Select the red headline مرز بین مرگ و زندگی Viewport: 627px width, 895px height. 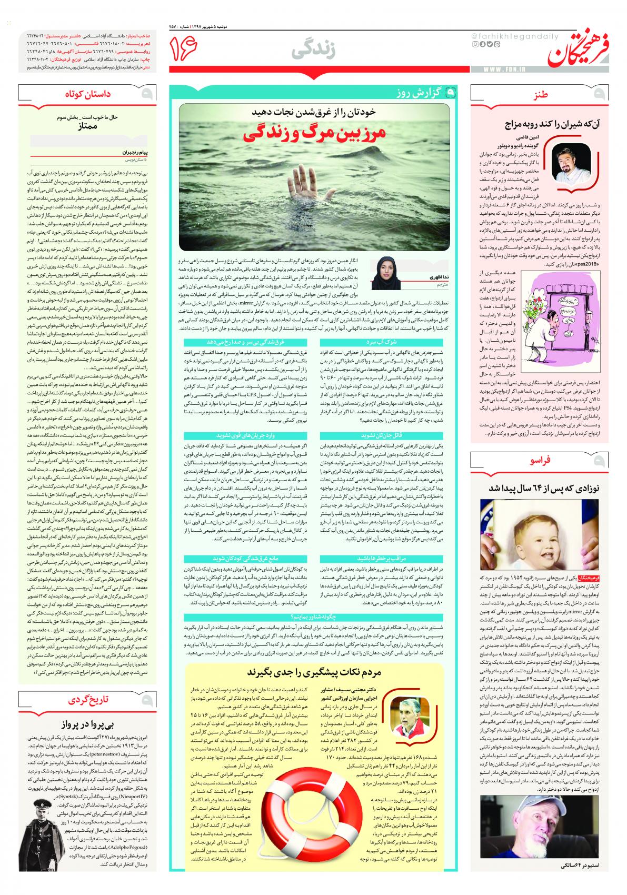coord(314,134)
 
